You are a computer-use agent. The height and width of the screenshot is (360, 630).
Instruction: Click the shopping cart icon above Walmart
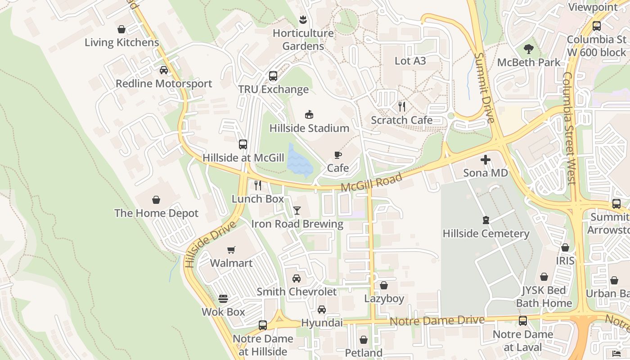(x=231, y=250)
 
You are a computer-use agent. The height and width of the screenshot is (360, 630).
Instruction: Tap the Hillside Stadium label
(x=309, y=128)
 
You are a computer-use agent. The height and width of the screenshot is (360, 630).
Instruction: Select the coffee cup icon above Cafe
(x=338, y=155)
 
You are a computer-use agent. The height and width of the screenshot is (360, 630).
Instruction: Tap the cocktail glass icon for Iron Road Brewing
(x=297, y=210)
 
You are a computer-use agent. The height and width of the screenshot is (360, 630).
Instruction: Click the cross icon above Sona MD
(x=486, y=160)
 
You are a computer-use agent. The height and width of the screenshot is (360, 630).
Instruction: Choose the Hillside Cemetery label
(x=486, y=234)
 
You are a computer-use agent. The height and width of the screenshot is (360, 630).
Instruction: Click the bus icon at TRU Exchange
(x=273, y=76)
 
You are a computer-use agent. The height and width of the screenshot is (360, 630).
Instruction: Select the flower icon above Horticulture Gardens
(x=302, y=20)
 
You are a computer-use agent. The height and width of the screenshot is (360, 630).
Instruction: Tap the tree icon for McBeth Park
(x=529, y=49)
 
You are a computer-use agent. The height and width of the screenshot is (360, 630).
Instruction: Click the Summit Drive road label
(x=485, y=88)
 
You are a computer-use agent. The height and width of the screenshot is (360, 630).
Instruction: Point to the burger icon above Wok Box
(x=223, y=298)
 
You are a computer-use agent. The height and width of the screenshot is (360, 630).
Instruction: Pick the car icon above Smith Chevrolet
(x=297, y=279)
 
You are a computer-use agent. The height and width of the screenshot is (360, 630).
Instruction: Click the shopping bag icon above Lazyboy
(x=384, y=285)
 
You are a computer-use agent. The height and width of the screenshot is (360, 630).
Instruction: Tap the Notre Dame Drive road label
(x=437, y=321)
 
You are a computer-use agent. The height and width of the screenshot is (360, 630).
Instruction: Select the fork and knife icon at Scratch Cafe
(x=402, y=107)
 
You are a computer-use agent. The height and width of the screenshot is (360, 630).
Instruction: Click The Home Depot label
(x=156, y=213)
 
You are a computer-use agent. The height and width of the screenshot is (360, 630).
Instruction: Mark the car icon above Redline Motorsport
(x=164, y=70)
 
